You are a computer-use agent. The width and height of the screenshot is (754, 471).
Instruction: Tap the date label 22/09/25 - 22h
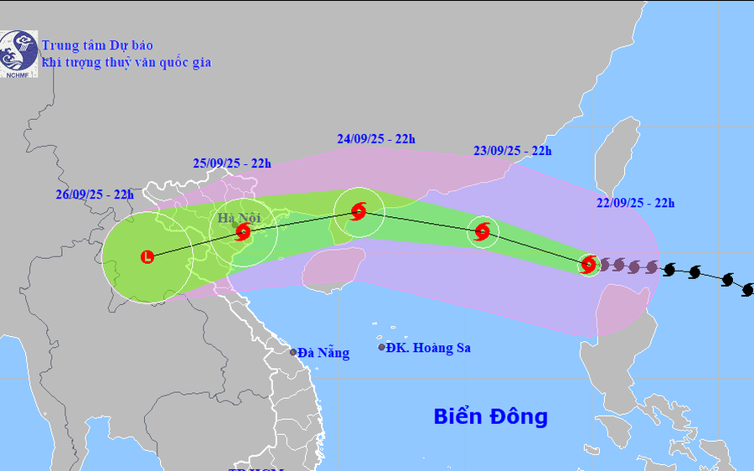[635, 202]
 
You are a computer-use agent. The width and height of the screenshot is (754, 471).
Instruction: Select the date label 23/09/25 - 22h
[512, 151]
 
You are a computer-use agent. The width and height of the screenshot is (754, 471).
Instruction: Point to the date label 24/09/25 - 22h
[376, 138]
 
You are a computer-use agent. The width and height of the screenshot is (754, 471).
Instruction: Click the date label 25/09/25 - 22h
[232, 163]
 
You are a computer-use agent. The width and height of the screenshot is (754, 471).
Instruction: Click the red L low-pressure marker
[148, 257]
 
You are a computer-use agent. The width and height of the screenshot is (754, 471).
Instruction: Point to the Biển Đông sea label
[490, 417]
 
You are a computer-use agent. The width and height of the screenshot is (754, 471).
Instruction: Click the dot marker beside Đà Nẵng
[293, 352]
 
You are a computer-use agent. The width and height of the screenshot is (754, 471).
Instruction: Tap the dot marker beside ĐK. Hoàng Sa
[382, 347]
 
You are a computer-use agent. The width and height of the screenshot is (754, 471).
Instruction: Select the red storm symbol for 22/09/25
[589, 265]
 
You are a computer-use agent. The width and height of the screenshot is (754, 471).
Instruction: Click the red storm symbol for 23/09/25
[482, 231]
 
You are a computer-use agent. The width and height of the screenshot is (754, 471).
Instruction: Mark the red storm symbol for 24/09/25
[359, 211]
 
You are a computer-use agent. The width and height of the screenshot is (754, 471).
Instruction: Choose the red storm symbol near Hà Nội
[243, 231]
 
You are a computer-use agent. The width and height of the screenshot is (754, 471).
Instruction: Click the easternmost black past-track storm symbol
[748, 289]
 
